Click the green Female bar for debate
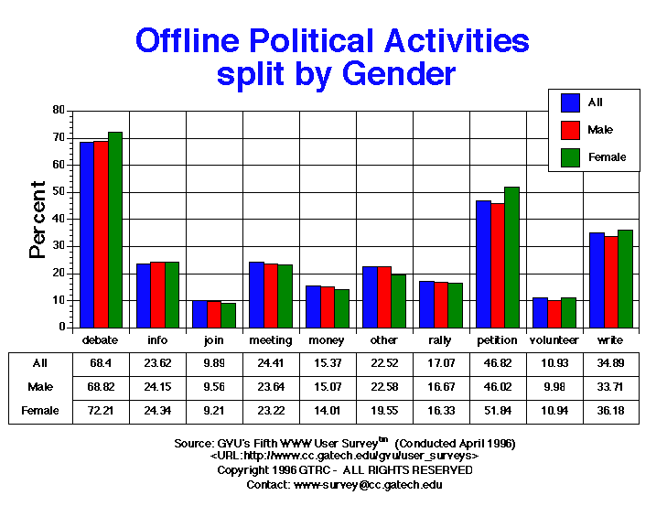(x=115, y=230)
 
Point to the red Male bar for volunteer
(x=554, y=314)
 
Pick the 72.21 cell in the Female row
(x=100, y=411)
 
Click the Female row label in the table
(x=41, y=411)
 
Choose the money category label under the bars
(x=327, y=340)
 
